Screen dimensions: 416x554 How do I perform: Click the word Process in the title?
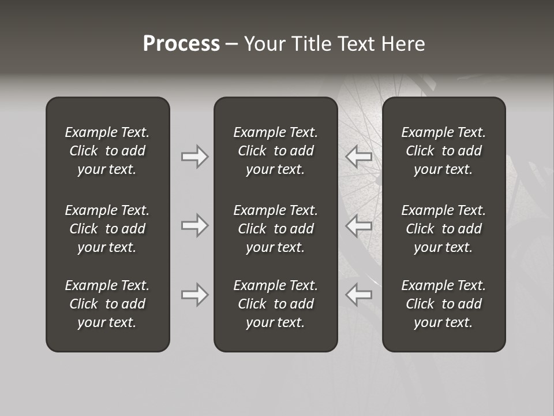(181, 44)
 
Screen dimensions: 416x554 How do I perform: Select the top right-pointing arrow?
(194, 157)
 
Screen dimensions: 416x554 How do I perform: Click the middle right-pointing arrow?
(194, 225)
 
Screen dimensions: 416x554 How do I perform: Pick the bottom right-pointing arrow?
(194, 295)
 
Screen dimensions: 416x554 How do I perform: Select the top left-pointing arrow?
(359, 157)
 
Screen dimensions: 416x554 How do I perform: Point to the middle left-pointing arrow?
(359, 225)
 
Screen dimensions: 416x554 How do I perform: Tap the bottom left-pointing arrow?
(359, 295)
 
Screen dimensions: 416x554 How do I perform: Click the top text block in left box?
(107, 151)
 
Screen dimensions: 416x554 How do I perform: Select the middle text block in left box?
(107, 229)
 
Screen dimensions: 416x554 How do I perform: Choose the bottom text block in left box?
(107, 304)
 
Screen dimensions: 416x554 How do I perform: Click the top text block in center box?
(275, 151)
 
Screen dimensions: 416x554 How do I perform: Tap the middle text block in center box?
(275, 229)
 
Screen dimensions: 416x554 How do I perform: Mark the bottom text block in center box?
(275, 304)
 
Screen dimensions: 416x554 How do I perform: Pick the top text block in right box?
(443, 151)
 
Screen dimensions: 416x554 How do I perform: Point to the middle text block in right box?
(443, 229)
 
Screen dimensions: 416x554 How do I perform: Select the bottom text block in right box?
(443, 304)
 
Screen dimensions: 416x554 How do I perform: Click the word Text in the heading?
(355, 44)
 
